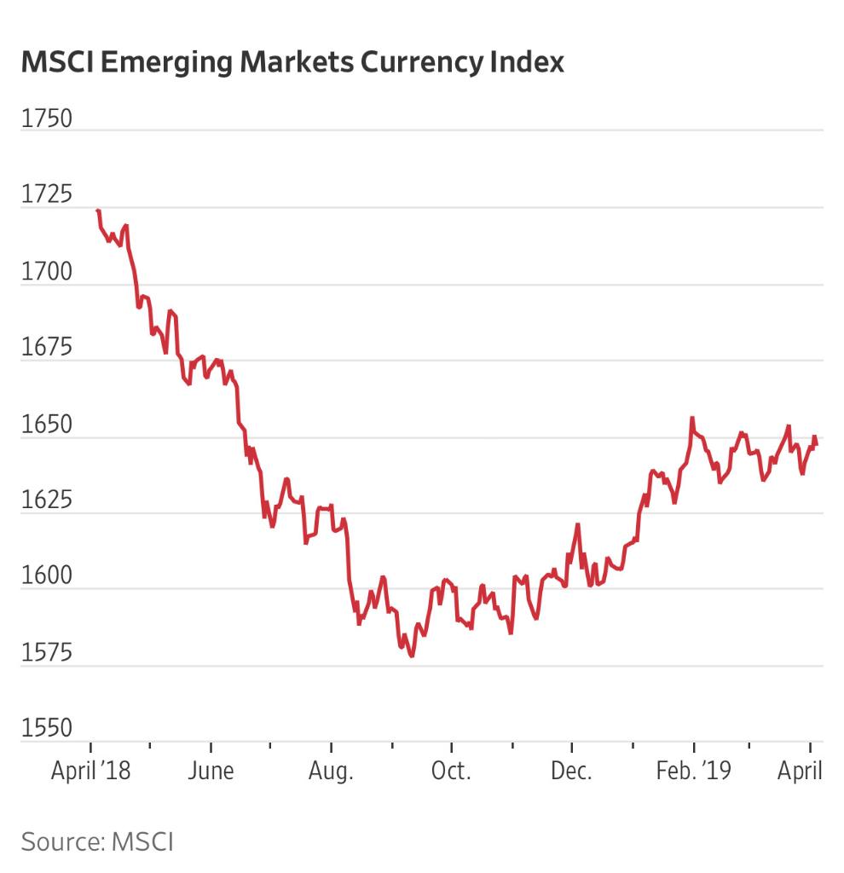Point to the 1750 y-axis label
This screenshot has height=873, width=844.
coord(47,119)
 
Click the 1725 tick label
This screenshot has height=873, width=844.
coord(47,195)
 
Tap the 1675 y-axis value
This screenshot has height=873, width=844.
coord(47,349)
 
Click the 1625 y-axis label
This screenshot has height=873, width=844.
coord(47,501)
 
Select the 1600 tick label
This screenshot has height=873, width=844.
coord(47,577)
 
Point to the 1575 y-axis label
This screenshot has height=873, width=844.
coord(47,654)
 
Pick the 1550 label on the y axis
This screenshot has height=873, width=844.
coord(47,730)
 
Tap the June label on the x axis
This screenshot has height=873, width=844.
coord(211,771)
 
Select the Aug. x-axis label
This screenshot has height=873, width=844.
coord(331,771)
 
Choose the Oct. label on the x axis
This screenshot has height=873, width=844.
coord(451,771)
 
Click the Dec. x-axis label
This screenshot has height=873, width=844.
coord(571,771)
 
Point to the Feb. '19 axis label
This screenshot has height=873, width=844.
coord(693,771)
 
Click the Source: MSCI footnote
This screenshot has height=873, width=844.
coord(97,842)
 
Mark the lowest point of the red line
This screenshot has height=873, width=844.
coord(412,656)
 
